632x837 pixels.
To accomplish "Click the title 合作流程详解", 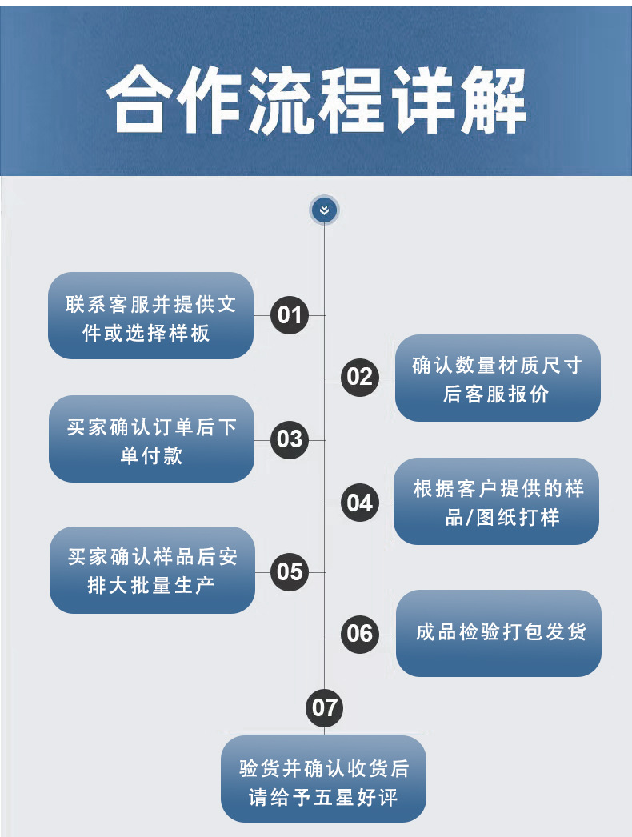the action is coord(317,100).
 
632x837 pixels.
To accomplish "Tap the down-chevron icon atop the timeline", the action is coord(324,210).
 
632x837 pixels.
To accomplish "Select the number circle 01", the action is coord(290,315).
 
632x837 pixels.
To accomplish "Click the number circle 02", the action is coord(359,378).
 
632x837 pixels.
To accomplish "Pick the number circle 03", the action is coord(290,439).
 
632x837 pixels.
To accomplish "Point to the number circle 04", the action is coord(359,503).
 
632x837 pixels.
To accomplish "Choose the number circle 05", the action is coord(290,571).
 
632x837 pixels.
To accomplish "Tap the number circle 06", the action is coord(359,634).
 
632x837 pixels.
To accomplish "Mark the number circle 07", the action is coord(324,708).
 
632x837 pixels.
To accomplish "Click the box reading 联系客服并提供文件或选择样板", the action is coord(150,315).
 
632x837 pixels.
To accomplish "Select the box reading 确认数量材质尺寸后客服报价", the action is coord(498,378).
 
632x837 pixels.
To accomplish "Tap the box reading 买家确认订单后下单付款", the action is coord(151,439).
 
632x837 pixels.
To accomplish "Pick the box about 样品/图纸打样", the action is coord(497,501).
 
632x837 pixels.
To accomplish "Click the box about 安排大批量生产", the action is coord(152,570).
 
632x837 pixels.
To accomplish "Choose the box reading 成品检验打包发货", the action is coord(498,633).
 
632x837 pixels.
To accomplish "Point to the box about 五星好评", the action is coord(323,779).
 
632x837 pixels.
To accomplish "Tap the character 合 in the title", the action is coord(140,99).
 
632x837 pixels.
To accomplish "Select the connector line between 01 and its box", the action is coord(262,315).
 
